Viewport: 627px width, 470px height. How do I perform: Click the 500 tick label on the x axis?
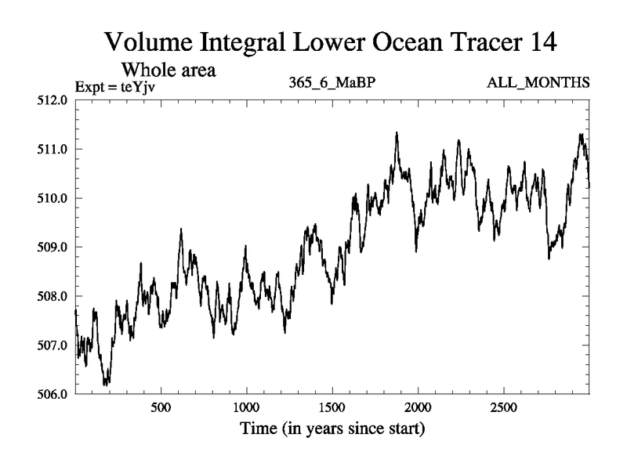161,408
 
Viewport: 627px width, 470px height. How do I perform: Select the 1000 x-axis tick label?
246,408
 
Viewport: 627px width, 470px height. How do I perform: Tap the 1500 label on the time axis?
332,408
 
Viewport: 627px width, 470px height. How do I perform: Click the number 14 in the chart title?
540,42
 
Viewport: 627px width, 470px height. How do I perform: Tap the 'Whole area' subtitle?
168,70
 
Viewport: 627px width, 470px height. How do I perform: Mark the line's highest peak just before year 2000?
397,133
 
